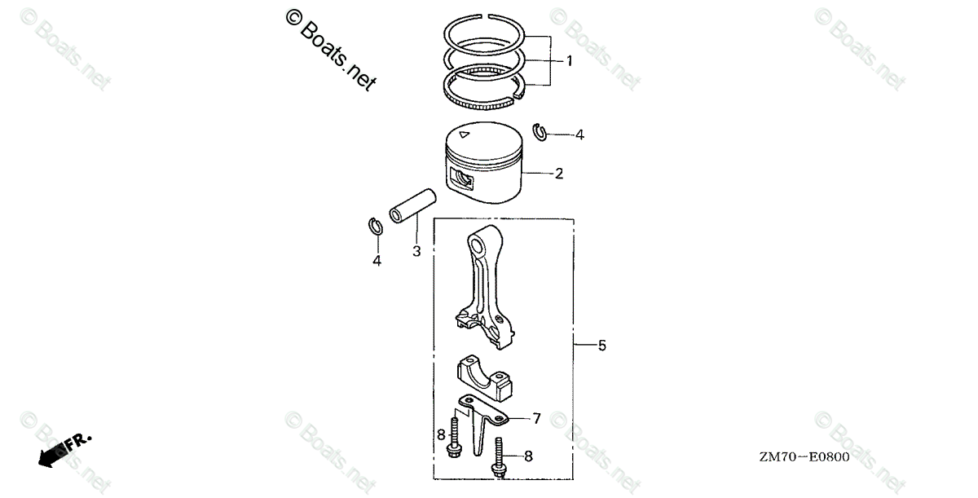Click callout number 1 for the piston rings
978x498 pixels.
[570, 61]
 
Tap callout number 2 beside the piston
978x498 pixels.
[559, 174]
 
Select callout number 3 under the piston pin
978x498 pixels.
[416, 251]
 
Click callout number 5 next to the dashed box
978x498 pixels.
[602, 346]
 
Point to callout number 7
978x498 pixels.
[537, 419]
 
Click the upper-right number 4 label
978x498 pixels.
[579, 134]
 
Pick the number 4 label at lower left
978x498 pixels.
[377, 261]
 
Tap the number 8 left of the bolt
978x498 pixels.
[442, 434]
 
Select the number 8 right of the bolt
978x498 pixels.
[528, 456]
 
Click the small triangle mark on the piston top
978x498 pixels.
[464, 134]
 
